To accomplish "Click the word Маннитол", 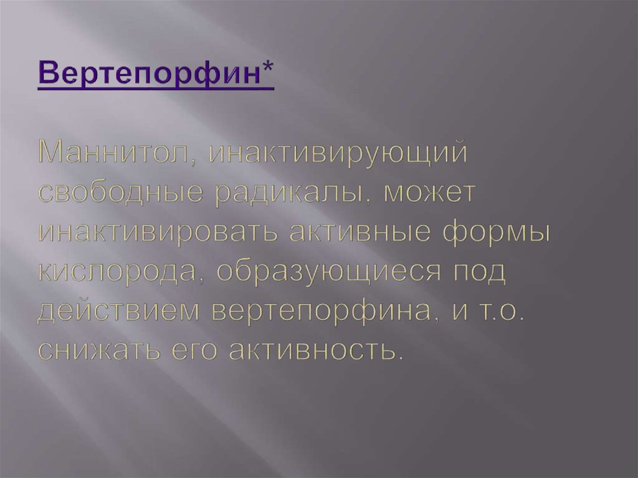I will [x=112, y=153].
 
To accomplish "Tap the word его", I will [x=189, y=350].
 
